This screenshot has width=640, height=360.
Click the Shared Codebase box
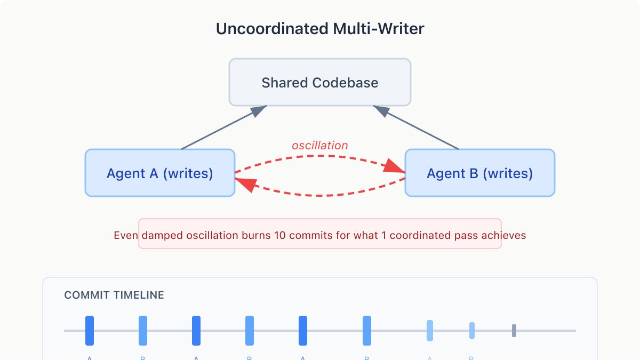(320, 83)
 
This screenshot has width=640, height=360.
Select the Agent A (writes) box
(159, 173)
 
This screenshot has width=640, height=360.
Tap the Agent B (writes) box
(479, 173)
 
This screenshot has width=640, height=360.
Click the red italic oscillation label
(319, 146)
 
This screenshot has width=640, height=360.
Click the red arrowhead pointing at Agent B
(396, 167)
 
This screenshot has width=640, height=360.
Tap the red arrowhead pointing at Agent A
(244, 183)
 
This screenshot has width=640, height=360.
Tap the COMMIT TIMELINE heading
(114, 295)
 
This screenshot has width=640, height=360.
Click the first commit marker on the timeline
(90, 331)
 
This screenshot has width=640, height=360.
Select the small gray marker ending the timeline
(514, 331)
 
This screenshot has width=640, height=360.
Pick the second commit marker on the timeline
(143, 331)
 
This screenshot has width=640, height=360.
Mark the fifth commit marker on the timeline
(303, 331)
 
